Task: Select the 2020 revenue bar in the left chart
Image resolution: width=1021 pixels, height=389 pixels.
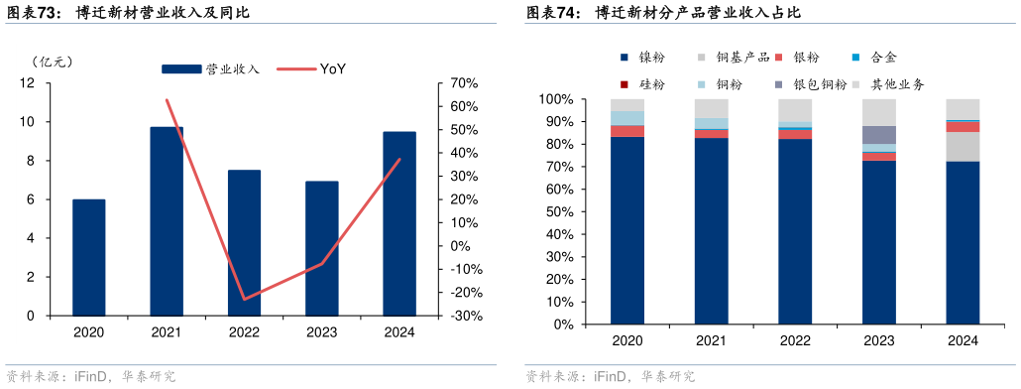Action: (x=89, y=258)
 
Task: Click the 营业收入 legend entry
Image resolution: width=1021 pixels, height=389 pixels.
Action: (x=210, y=68)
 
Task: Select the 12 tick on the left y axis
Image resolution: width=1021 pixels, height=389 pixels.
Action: (x=27, y=83)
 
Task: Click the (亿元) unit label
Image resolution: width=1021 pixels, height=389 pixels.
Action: (x=53, y=62)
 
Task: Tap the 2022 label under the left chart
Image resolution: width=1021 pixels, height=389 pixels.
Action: (x=244, y=332)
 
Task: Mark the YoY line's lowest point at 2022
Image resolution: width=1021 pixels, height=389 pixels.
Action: (x=244, y=299)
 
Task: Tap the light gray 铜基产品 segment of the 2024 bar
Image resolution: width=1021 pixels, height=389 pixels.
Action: (x=963, y=147)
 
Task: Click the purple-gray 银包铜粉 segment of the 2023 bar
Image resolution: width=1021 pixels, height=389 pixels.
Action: (x=878, y=135)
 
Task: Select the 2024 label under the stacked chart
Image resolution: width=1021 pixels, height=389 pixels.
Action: (x=963, y=341)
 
